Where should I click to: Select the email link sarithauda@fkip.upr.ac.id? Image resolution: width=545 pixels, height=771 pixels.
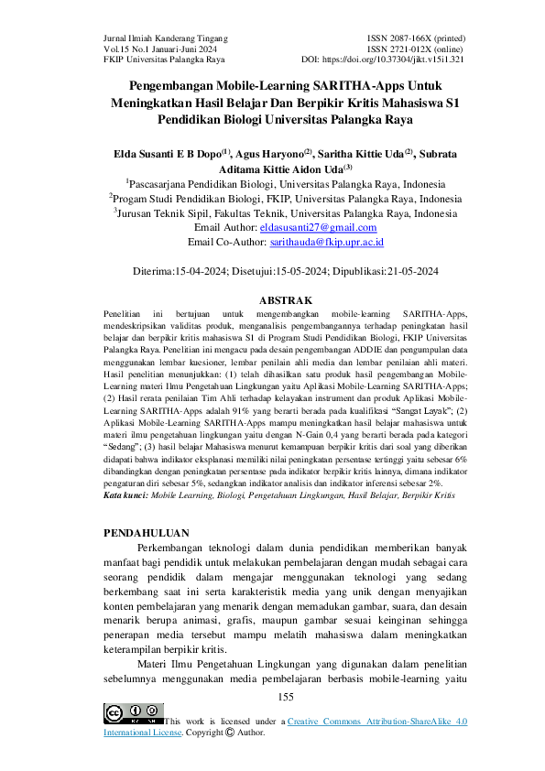327,242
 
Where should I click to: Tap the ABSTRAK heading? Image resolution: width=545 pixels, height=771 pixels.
287,300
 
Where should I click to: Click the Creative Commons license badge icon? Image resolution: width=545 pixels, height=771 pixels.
133,714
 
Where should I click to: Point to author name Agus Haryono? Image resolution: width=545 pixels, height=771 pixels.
271,154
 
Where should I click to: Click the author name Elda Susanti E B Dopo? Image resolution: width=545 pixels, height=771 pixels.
166,154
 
